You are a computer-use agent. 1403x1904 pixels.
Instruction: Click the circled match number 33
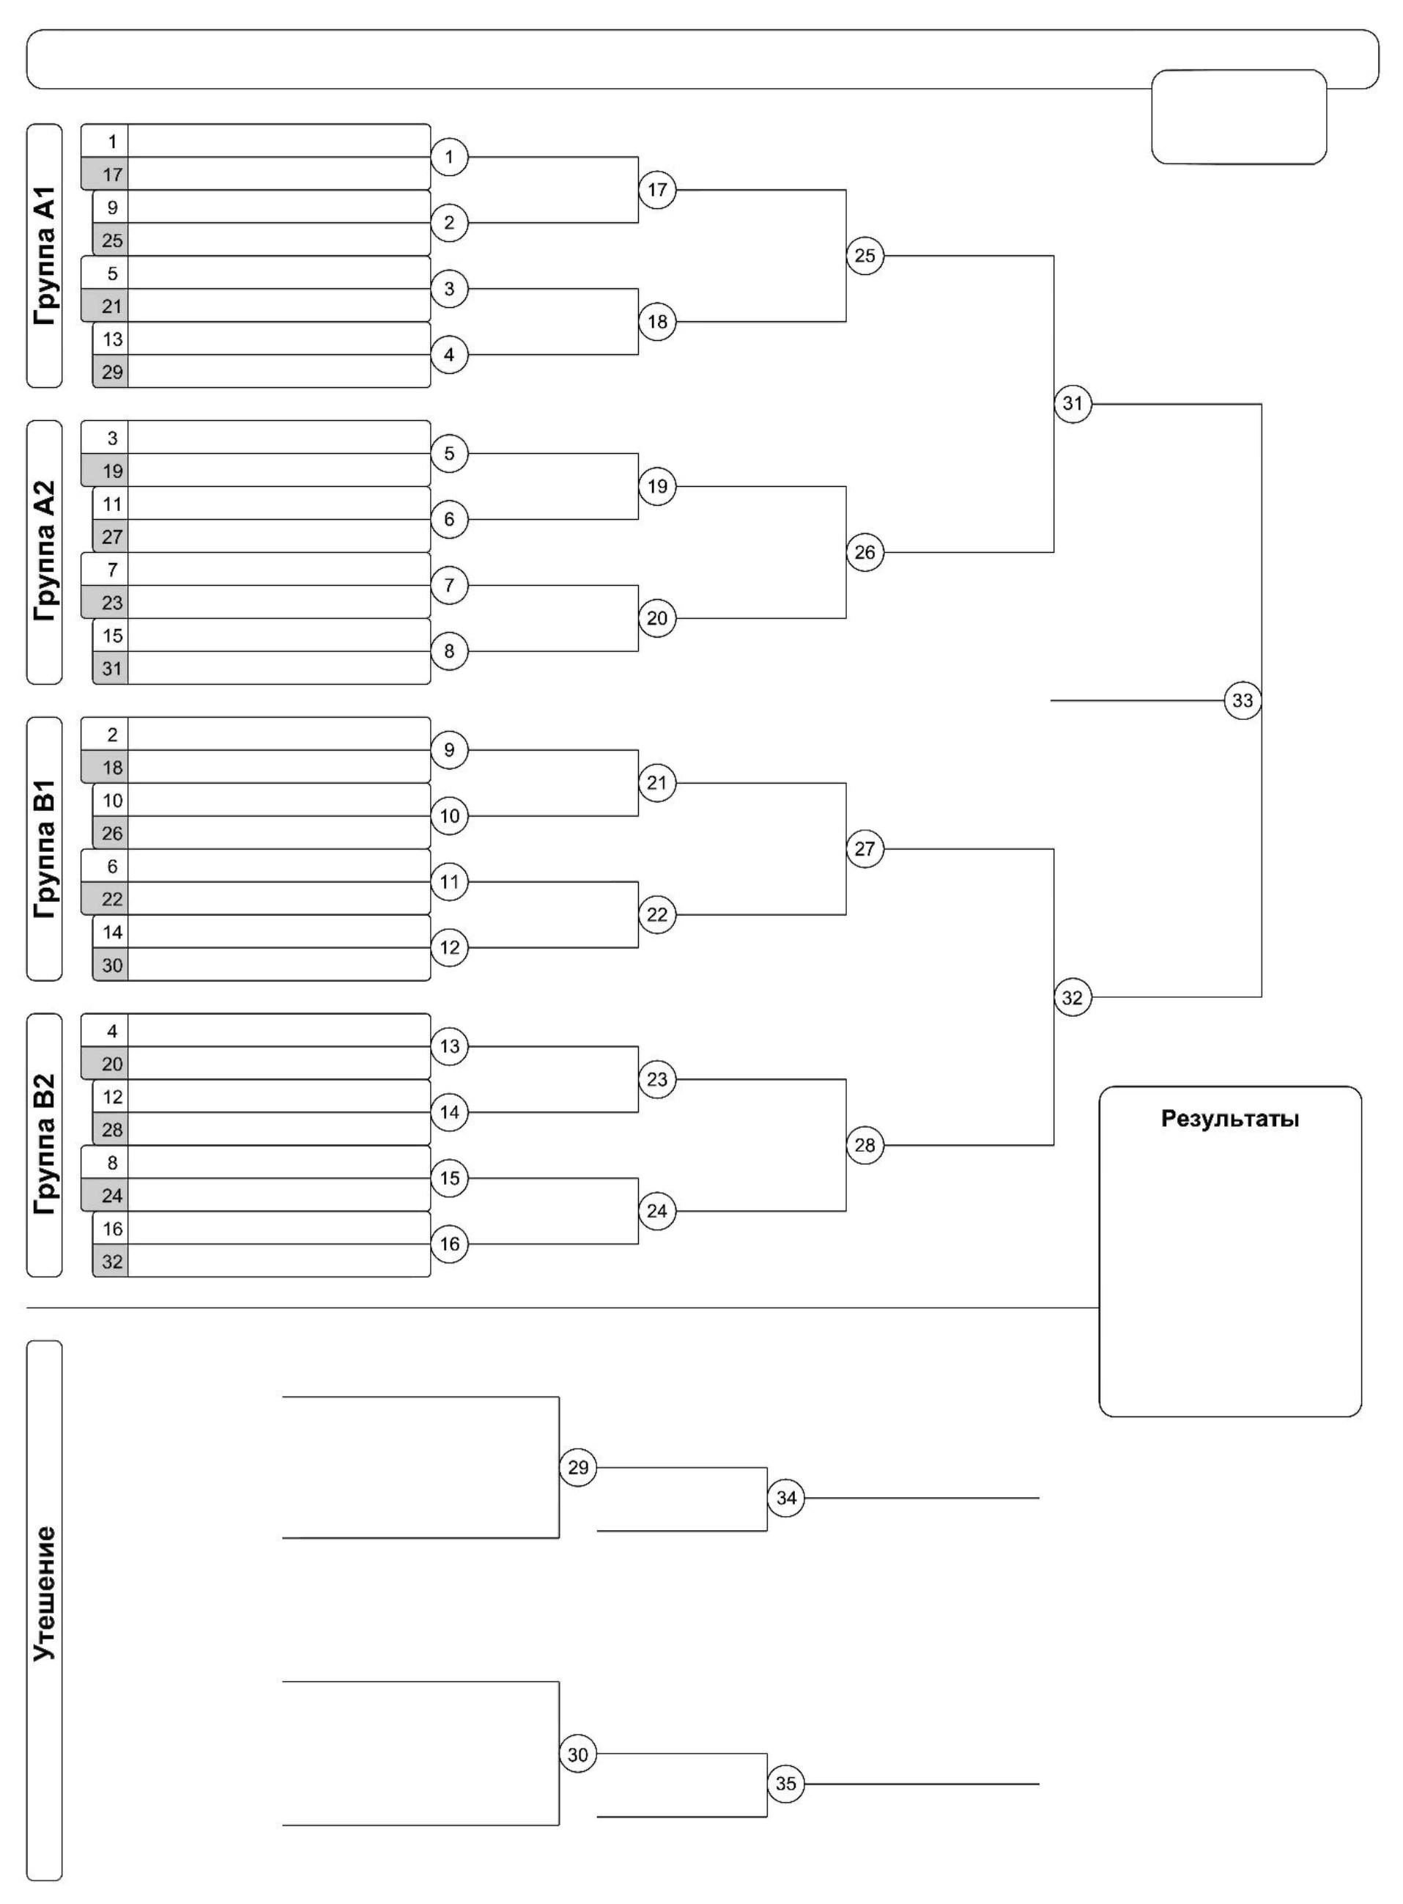tap(1243, 701)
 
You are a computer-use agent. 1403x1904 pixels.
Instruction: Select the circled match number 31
tap(1073, 403)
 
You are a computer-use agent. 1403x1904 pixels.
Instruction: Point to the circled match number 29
tap(577, 1467)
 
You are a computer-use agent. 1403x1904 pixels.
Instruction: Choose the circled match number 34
tap(786, 1498)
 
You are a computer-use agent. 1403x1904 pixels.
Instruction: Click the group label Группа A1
tap(44, 256)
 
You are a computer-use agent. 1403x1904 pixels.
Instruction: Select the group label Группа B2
tap(44, 1144)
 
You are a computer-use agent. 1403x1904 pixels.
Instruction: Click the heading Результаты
tap(1230, 1119)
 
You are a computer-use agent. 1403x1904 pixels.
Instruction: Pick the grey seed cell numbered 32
tap(111, 1262)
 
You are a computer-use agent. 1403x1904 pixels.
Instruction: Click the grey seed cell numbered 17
tap(111, 175)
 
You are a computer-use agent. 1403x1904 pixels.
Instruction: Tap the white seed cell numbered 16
tap(111, 1229)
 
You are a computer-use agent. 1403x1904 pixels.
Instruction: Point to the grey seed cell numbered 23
tap(111, 603)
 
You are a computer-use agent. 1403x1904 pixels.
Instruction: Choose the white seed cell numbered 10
tap(111, 801)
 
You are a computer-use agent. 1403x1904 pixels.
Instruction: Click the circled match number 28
tap(865, 1145)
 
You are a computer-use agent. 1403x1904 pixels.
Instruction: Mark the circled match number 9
tap(449, 750)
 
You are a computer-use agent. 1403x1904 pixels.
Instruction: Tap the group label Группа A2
tap(44, 552)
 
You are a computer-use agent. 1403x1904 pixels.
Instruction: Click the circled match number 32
tap(1073, 997)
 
